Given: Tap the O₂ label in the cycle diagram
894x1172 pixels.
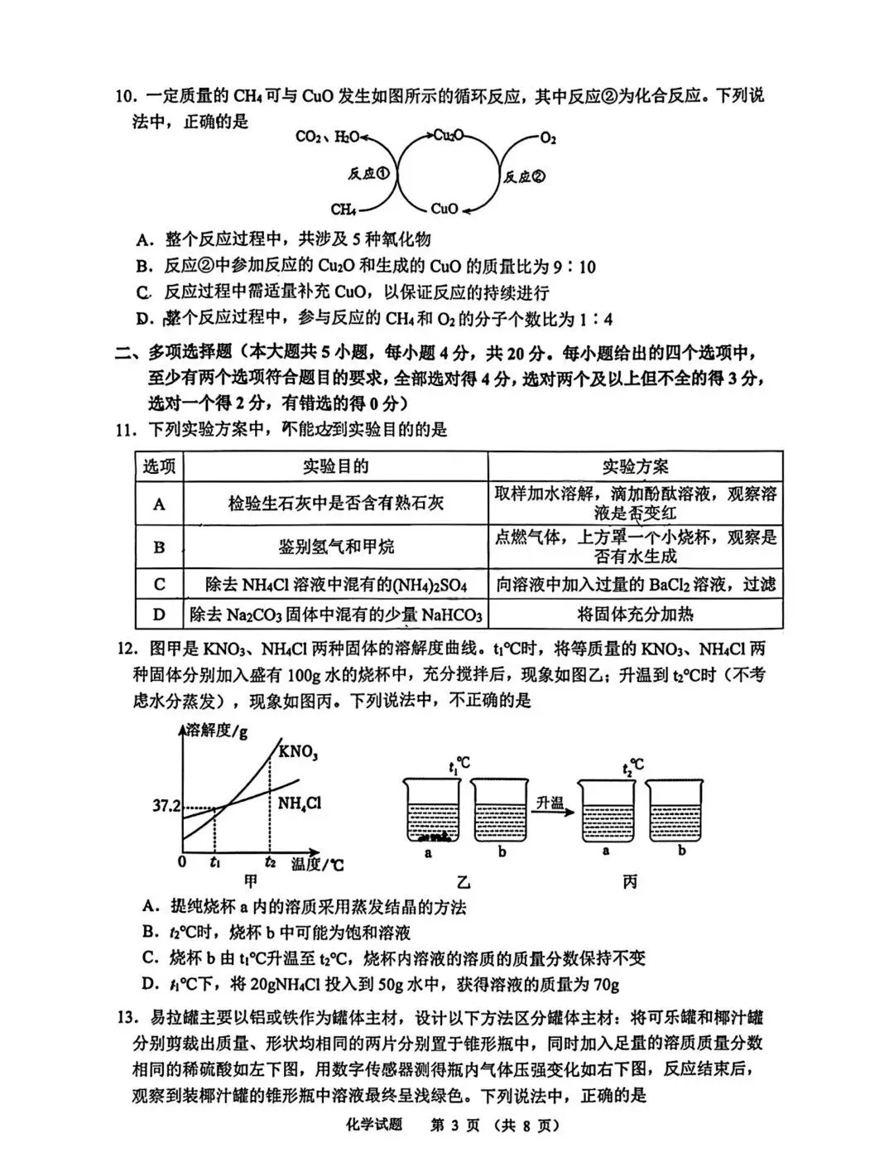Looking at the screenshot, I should [x=547, y=138].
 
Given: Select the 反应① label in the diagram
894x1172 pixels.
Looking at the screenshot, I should [x=368, y=174].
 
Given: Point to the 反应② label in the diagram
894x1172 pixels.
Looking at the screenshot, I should [x=525, y=176].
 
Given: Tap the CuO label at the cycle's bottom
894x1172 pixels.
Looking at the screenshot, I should [x=445, y=210].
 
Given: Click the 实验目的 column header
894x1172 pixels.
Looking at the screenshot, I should [x=336, y=466].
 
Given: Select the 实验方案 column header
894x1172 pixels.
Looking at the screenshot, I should [x=635, y=466].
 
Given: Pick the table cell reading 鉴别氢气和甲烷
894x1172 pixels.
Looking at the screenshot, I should [x=336, y=547].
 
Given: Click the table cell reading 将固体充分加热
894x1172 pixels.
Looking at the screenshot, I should [x=635, y=614].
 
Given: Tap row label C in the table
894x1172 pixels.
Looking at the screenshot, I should [x=160, y=585].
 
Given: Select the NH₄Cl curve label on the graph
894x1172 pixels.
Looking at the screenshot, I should [x=300, y=803].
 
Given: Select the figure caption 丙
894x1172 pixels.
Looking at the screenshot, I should [x=630, y=882].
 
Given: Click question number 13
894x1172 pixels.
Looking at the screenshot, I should [x=125, y=1017].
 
